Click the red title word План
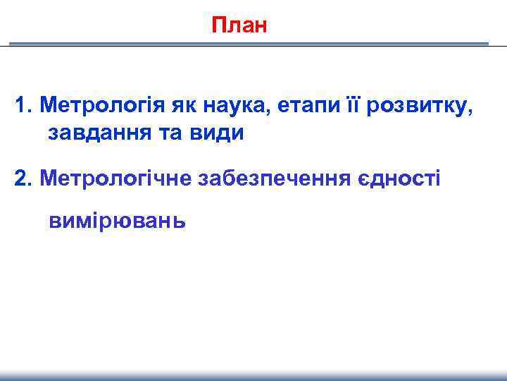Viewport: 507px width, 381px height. [x=239, y=26]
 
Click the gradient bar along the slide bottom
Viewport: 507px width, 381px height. [x=254, y=376]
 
